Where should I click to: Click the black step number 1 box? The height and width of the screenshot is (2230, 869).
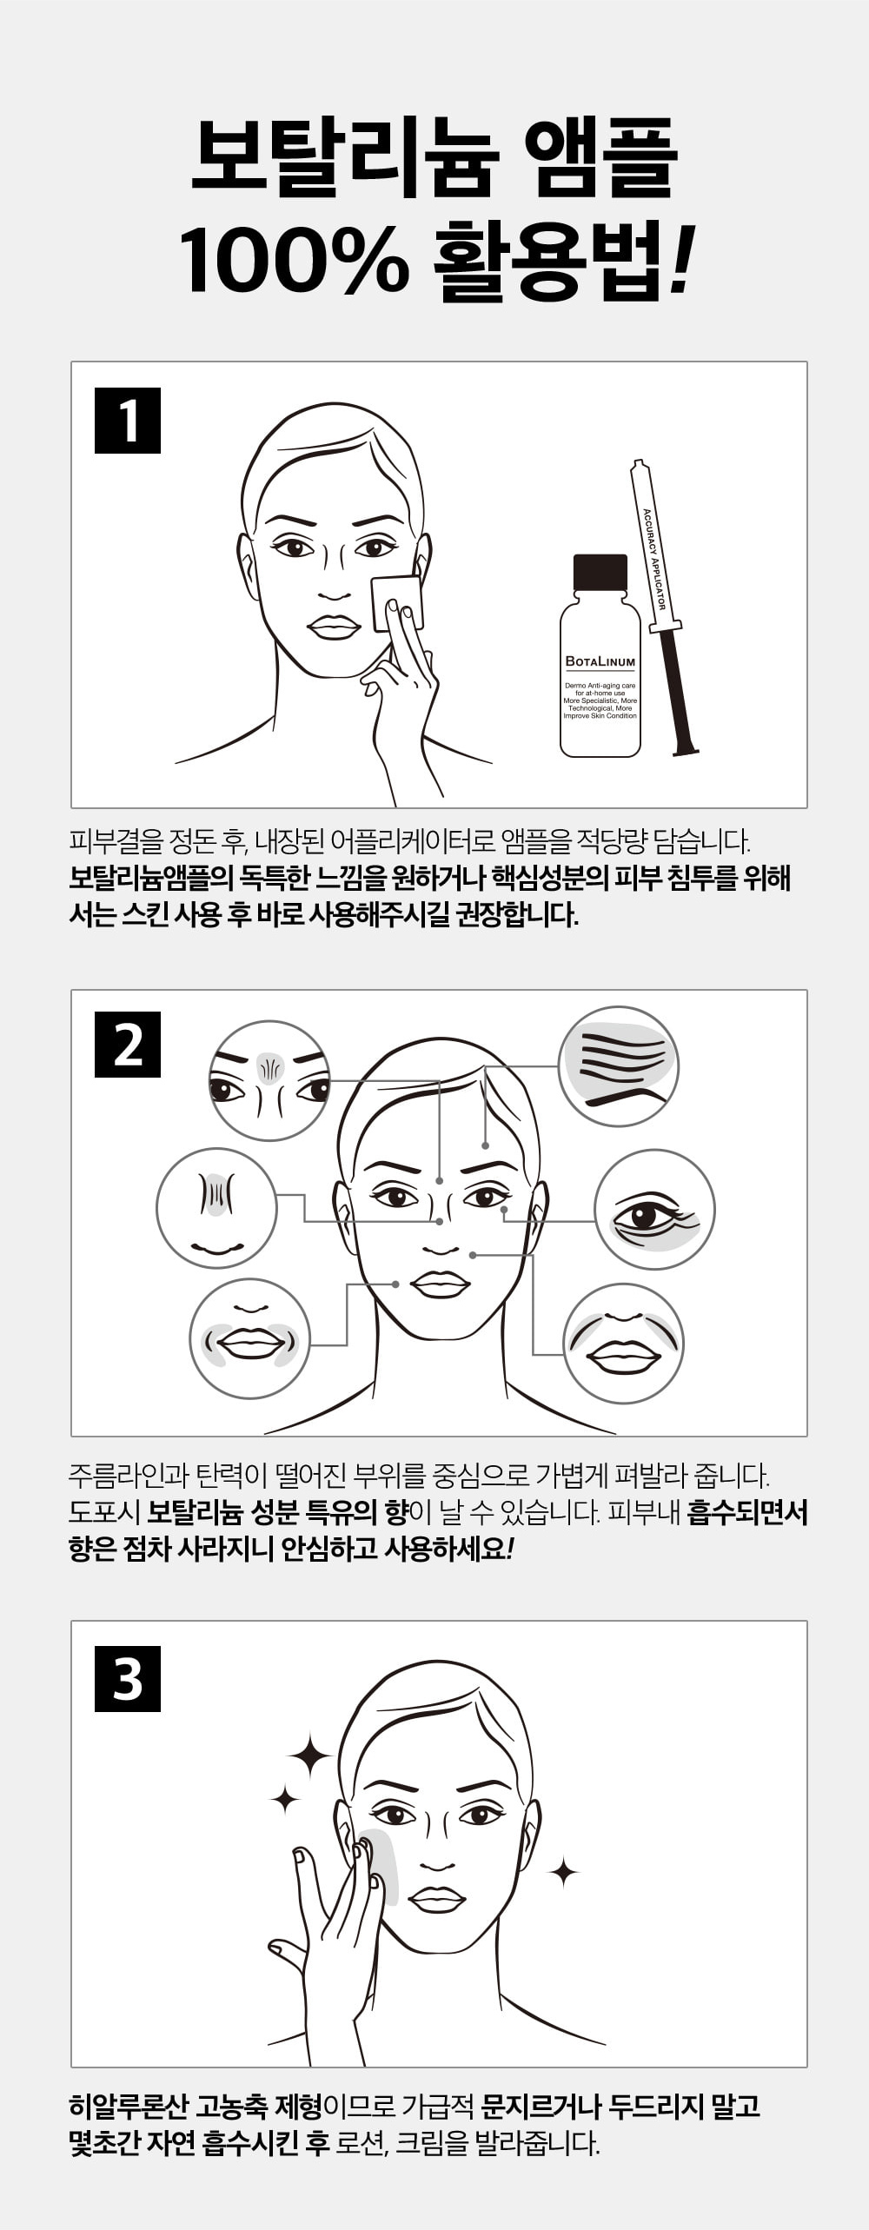128,421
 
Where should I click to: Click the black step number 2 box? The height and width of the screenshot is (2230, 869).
128,1045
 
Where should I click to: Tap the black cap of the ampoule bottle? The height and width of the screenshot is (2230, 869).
600,572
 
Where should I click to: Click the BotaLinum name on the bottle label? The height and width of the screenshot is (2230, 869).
600,661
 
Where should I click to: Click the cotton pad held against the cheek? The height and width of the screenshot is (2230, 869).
397,602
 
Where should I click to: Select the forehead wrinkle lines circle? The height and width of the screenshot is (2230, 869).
618,1066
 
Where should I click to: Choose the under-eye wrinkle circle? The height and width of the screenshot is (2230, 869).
654,1210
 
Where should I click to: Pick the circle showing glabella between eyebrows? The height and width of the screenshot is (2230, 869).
270,1081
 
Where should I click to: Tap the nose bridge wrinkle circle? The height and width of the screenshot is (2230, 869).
216,1208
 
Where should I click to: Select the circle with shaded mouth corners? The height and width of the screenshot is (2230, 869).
250,1339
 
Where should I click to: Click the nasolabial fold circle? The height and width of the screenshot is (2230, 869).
623,1344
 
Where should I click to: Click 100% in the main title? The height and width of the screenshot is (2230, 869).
295,259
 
